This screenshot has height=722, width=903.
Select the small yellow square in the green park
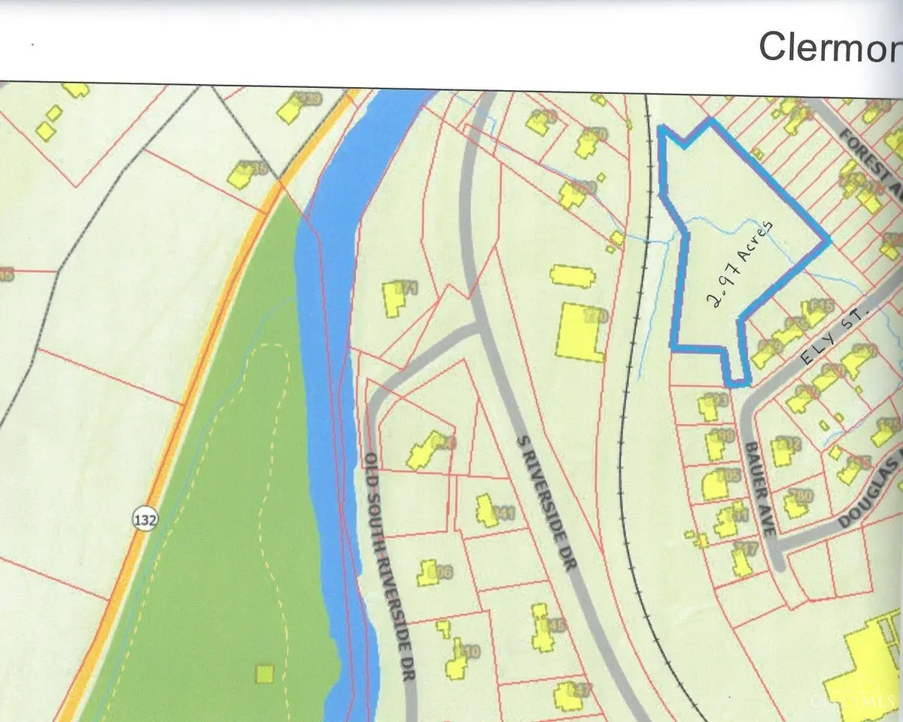(264, 673)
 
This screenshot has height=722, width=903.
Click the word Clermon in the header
(828, 47)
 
